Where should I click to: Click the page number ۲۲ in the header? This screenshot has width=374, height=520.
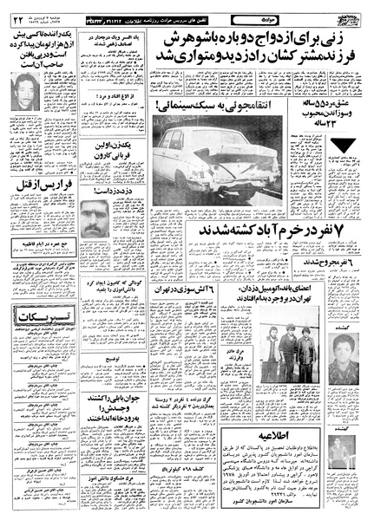(19, 19)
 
